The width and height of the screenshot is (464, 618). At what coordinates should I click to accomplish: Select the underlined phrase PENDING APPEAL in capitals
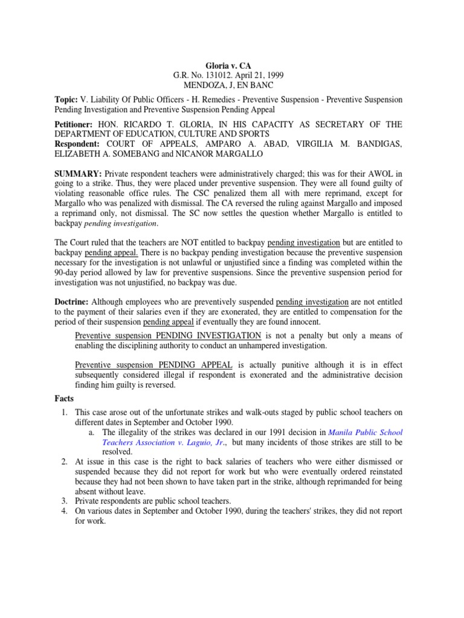pos(196,366)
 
